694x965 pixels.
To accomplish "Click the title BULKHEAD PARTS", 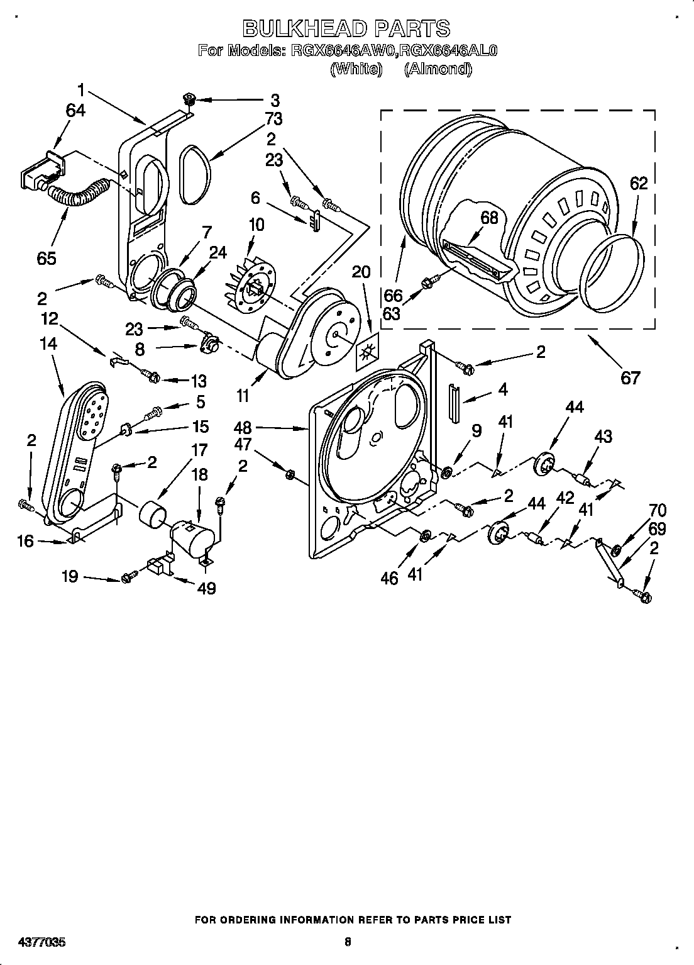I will tap(346, 28).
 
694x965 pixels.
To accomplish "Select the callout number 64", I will tap(75, 110).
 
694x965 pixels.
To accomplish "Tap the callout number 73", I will tap(273, 118).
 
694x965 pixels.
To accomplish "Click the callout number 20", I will tap(361, 272).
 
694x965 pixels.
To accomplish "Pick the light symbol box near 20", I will tap(365, 357).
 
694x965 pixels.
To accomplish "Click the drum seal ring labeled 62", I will tap(613, 274).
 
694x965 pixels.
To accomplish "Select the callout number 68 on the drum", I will tap(488, 218).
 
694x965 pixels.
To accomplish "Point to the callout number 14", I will tap(48, 343).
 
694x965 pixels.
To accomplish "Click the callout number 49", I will tap(206, 588).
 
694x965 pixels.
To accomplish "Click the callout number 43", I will tap(602, 436).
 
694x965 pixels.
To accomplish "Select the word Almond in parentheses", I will tap(438, 69).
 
